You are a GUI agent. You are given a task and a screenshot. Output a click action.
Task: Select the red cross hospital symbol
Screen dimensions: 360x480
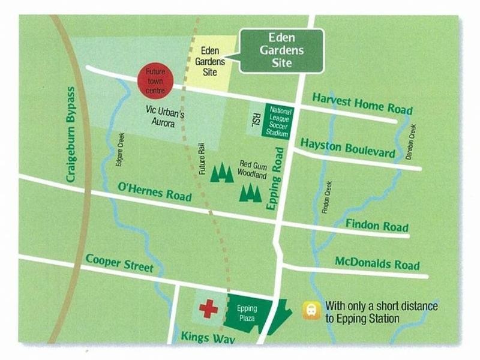[208, 310]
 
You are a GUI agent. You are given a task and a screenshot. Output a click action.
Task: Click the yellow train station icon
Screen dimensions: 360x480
[311, 310]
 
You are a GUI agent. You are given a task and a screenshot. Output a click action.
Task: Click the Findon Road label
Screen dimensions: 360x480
[377, 226]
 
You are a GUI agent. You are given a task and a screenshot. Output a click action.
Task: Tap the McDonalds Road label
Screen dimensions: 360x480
[377, 265]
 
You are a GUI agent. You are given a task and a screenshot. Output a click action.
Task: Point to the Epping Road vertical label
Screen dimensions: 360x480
[275, 187]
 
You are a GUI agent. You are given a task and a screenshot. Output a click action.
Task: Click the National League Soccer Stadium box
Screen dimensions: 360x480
[280, 122]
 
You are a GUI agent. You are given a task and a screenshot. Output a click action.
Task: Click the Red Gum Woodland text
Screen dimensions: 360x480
[253, 170]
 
